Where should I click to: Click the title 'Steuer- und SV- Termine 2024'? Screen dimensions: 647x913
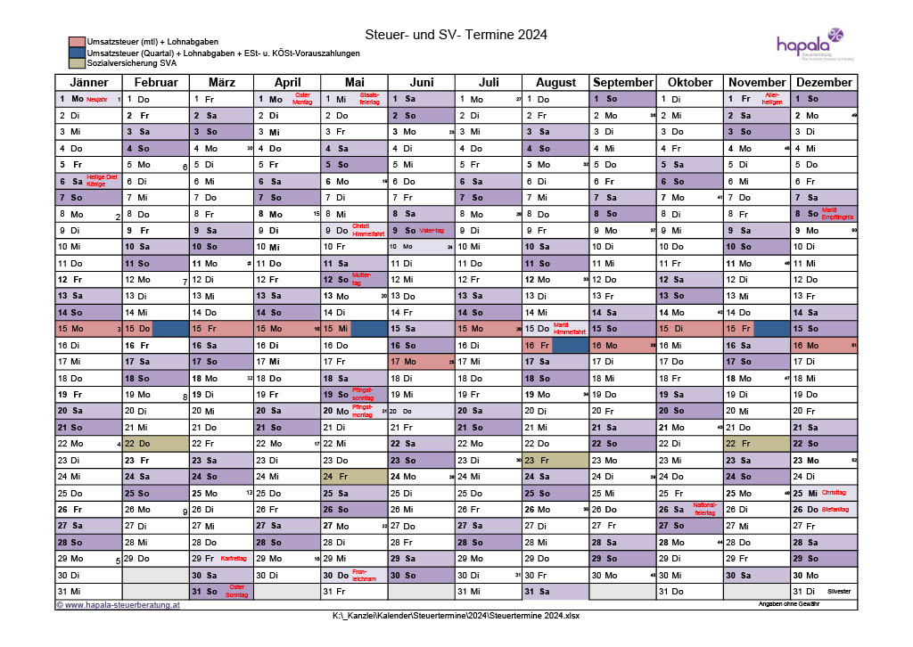click(456, 35)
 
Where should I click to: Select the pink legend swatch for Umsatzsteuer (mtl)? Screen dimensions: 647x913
click(77, 42)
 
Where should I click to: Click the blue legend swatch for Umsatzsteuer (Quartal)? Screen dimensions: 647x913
click(77, 53)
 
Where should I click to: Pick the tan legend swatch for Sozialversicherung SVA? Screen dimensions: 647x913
click(77, 63)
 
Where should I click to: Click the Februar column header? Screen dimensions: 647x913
click(155, 82)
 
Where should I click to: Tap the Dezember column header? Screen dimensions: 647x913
click(824, 82)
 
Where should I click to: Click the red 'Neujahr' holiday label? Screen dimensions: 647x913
click(97, 99)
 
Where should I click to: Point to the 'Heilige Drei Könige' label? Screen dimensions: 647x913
click(102, 181)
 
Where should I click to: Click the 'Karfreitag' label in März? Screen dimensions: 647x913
click(233, 559)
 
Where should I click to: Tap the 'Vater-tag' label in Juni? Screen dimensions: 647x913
click(432, 230)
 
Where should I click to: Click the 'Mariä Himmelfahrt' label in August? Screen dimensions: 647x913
click(569, 329)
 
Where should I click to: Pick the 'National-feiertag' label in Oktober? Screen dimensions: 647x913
click(704, 510)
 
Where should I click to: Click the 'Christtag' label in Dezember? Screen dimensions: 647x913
click(833, 493)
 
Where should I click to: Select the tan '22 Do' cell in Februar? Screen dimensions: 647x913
click(155, 444)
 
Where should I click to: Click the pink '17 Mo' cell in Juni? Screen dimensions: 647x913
click(422, 362)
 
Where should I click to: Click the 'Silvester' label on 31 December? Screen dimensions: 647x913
click(839, 592)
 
